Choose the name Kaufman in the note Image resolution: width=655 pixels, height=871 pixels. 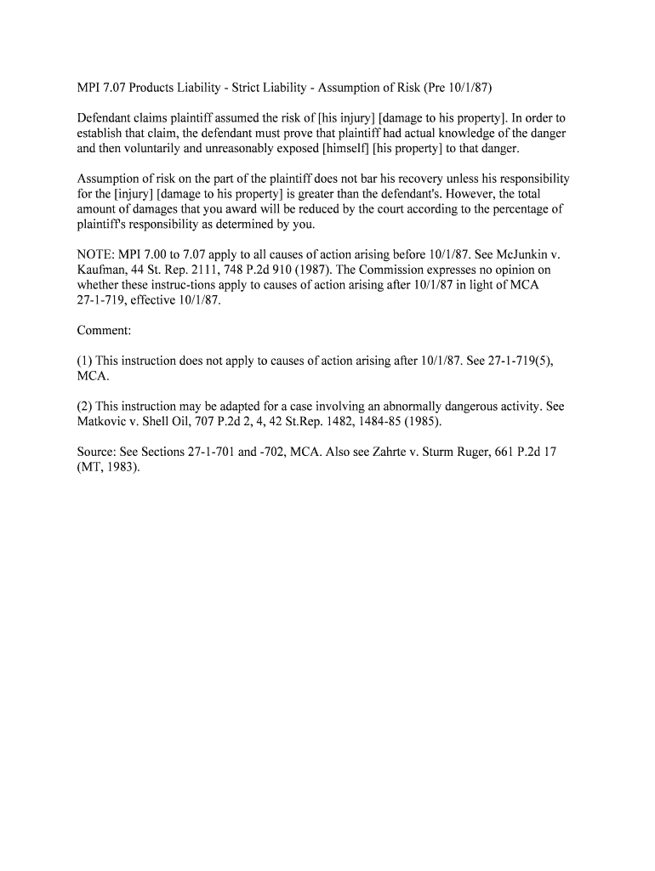[x=104, y=270]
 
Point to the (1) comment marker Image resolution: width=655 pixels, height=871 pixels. [x=85, y=361]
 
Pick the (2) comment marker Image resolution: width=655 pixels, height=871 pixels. [x=85, y=407]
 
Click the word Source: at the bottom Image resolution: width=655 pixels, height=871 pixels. [x=100, y=452]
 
